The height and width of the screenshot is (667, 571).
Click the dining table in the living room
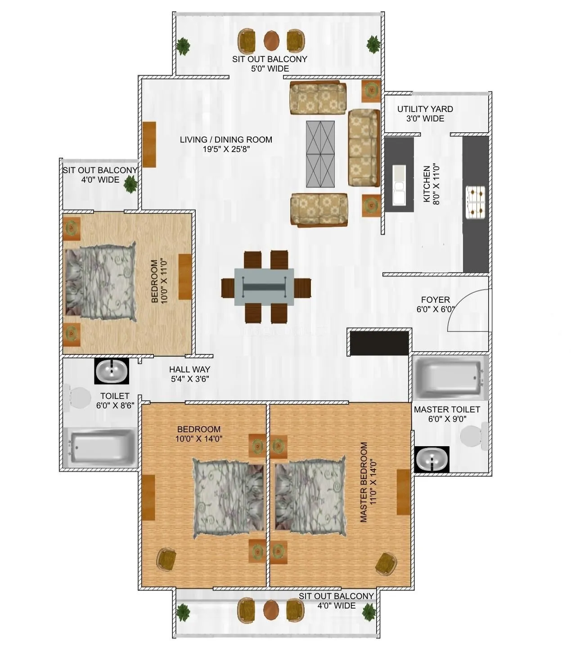[264, 287]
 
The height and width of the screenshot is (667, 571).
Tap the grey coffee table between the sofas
[320, 154]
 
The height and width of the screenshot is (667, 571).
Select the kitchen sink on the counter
[399, 184]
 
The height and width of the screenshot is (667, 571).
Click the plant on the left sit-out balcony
[130, 184]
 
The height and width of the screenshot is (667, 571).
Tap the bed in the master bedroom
[310, 497]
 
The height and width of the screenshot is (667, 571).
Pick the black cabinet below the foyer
[379, 343]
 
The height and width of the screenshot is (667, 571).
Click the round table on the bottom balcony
[271, 610]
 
